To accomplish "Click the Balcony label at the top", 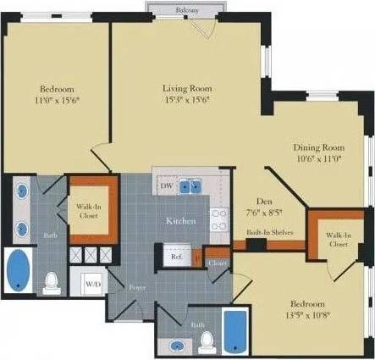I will tap(189, 9).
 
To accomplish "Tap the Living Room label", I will tap(187, 88).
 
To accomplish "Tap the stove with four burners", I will tap(219, 220).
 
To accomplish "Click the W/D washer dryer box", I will tap(92, 284).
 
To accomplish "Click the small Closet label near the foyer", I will tap(218, 263).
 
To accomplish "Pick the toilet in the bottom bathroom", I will tap(206, 342).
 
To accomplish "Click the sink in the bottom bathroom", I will tap(176, 345).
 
